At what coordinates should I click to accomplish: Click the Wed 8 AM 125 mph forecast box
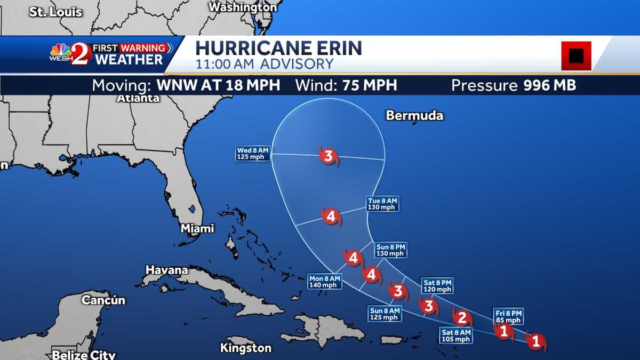[253, 154]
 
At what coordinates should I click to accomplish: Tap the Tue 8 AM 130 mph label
[382, 204]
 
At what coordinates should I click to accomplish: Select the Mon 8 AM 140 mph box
[324, 281]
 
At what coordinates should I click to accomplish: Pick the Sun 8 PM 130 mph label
[391, 250]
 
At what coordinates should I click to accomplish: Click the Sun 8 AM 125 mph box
[385, 314]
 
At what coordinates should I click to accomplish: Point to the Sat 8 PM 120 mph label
[437, 286]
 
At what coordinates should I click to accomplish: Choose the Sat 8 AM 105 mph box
[456, 335]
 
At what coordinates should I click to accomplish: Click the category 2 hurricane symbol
[462, 318]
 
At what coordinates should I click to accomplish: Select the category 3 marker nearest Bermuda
[329, 156]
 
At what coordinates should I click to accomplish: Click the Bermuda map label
[414, 116]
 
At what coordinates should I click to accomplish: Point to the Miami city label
[197, 228]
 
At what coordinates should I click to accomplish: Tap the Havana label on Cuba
[167, 270]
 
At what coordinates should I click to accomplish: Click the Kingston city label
[246, 348]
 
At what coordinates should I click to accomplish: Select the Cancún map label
[103, 300]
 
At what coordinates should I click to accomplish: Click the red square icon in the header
[576, 55]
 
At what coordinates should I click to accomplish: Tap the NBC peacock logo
[60, 52]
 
